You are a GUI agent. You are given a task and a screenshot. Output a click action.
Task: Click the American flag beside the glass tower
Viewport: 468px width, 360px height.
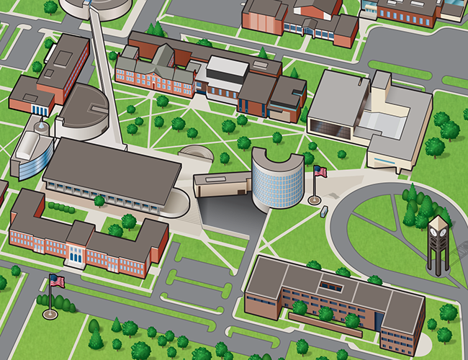pos(320,171)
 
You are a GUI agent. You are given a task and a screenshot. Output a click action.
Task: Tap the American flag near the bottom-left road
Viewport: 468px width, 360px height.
pos(56,281)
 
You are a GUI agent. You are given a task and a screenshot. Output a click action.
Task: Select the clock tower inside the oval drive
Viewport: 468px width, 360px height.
pos(438,245)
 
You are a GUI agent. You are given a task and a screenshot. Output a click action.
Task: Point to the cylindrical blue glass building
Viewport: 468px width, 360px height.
pos(277,180)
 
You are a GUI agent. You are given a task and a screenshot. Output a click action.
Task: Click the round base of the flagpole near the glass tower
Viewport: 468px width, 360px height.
pos(313,199)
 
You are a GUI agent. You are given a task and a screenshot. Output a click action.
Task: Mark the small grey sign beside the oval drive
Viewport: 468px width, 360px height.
pos(324,211)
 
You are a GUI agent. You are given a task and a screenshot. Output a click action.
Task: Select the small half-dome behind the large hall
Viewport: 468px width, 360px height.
pos(195,153)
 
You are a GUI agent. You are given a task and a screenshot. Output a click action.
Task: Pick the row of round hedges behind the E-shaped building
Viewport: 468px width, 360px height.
pos(60,207)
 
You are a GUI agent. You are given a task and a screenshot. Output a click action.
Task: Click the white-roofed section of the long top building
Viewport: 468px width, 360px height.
pos(227,68)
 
